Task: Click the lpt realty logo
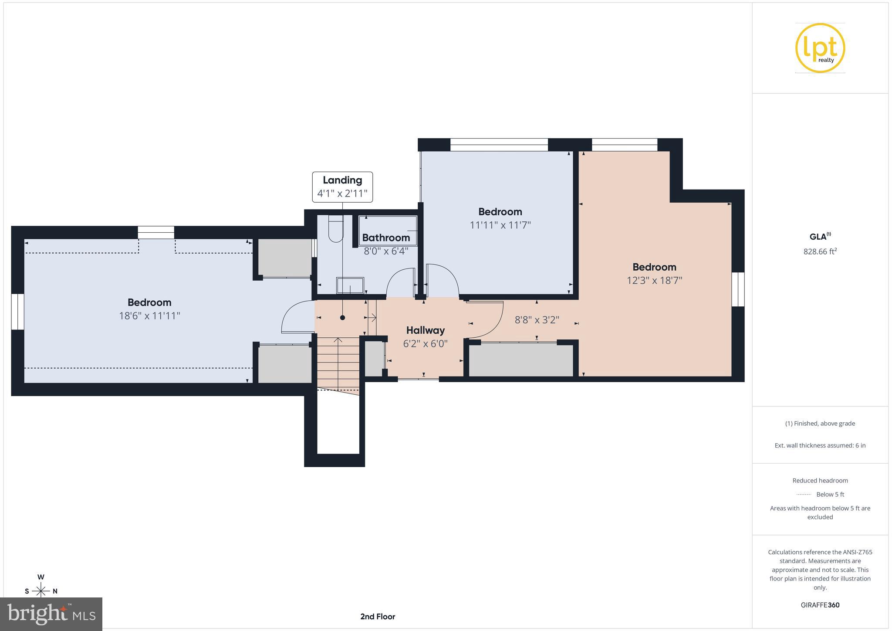pyautogui.click(x=820, y=48)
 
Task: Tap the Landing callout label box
pyautogui.click(x=342, y=187)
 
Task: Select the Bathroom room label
pyautogui.click(x=386, y=238)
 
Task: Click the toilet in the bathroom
pyautogui.click(x=336, y=230)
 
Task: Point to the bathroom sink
pyautogui.click(x=350, y=286)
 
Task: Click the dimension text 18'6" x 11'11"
pyautogui.click(x=149, y=316)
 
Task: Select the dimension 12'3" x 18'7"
pyautogui.click(x=654, y=281)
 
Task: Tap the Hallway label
pyautogui.click(x=425, y=330)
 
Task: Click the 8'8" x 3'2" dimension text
pyautogui.click(x=537, y=320)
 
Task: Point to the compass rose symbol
pyautogui.click(x=41, y=591)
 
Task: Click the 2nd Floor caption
pyautogui.click(x=378, y=617)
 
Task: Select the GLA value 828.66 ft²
pyautogui.click(x=820, y=251)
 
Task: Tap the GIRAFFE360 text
pyautogui.click(x=820, y=605)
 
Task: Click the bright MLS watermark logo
pyautogui.click(x=51, y=614)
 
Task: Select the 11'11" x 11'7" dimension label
pyautogui.click(x=500, y=225)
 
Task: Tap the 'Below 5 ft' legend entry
pyautogui.click(x=830, y=494)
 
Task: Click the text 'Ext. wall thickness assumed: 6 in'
pyautogui.click(x=820, y=445)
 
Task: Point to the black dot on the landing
pyautogui.click(x=342, y=318)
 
